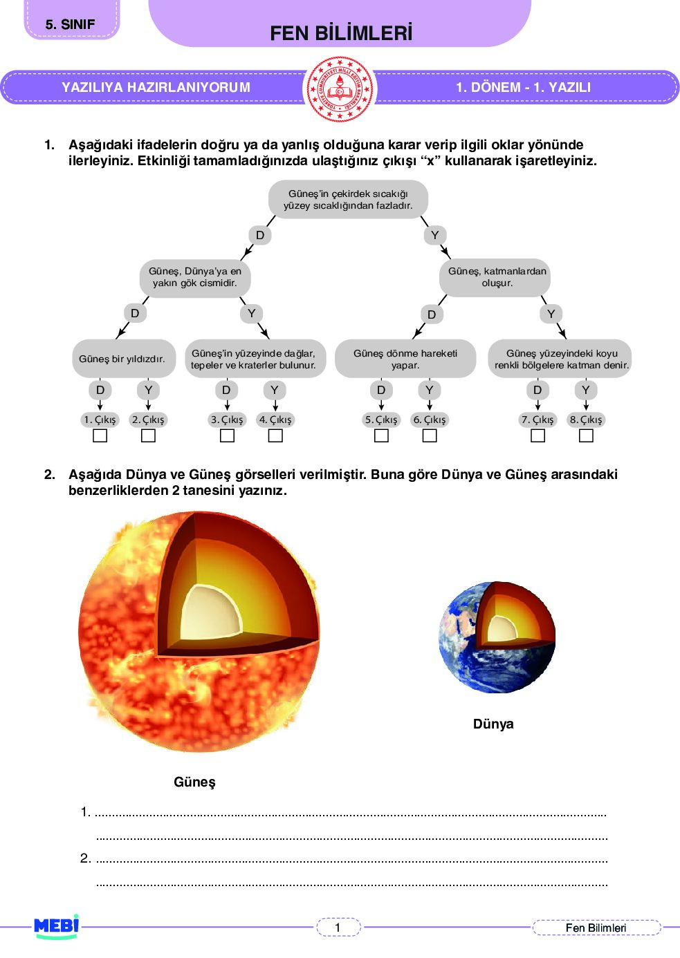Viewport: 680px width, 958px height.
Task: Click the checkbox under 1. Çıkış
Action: click(100, 436)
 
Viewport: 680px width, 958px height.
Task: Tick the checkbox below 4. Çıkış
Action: click(275, 436)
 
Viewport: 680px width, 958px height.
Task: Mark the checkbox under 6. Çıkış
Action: click(430, 436)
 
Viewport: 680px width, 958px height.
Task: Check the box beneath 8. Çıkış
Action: click(586, 436)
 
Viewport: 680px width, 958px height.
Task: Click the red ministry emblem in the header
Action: click(340, 89)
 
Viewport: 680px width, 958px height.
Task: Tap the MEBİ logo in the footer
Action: click(57, 926)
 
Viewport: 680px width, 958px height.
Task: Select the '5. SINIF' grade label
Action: click(71, 24)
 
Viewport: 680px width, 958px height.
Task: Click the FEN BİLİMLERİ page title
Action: click(341, 33)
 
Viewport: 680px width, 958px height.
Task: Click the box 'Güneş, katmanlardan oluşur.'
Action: click(497, 277)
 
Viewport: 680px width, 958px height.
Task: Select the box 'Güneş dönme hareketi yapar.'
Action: click(405, 359)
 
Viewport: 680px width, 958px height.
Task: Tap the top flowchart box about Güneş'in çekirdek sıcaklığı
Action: click(348, 200)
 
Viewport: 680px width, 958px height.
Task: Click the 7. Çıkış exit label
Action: click(537, 420)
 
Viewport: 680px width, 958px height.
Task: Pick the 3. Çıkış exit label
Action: click(227, 420)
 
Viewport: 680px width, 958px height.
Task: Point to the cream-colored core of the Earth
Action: click(500, 628)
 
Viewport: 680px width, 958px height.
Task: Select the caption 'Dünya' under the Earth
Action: click(493, 724)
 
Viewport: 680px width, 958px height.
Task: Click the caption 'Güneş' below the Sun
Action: click(194, 782)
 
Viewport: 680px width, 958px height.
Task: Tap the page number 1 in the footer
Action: click(338, 928)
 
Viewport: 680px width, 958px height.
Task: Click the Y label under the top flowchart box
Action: click(434, 235)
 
